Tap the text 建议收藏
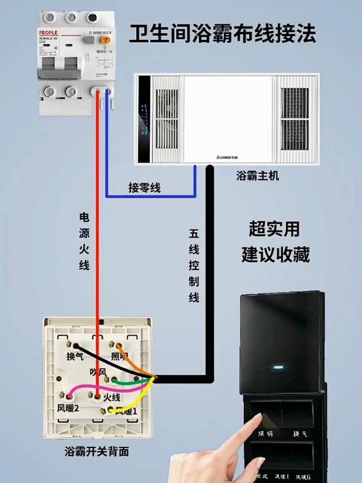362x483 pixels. coord(279,255)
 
